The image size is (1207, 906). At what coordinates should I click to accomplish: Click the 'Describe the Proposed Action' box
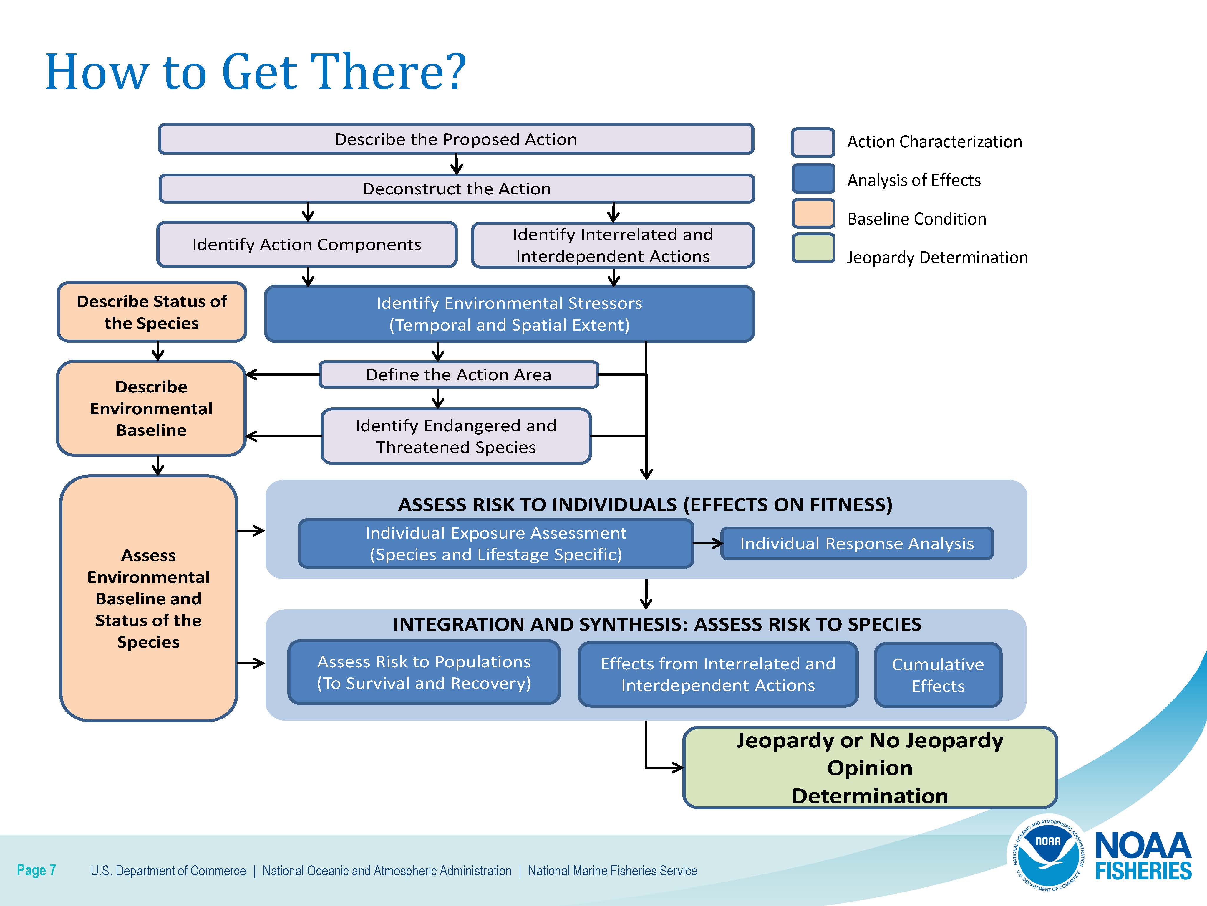point(456,139)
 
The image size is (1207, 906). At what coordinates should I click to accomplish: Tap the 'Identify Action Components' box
point(307,244)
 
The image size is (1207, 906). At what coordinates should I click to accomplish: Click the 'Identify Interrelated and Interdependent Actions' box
point(613,245)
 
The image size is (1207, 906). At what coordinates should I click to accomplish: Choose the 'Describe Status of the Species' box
point(152,312)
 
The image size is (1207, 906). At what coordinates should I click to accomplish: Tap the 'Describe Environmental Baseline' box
point(151,408)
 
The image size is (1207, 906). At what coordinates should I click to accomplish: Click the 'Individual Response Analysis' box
point(857,543)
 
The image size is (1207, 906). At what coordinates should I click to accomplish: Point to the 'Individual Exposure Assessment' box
point(496,543)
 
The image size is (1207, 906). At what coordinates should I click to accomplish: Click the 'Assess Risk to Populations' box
point(424,672)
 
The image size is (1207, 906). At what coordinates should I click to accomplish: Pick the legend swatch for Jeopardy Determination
point(813,248)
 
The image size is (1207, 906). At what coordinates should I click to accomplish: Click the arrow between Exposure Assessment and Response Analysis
point(708,543)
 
